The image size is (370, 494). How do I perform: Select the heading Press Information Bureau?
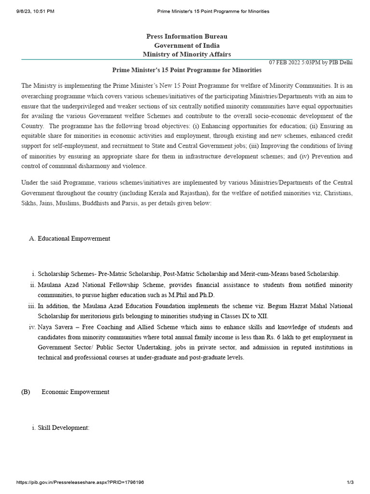(x=187, y=37)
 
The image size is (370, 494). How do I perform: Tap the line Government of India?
(x=187, y=45)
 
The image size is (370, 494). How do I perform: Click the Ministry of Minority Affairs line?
(x=187, y=55)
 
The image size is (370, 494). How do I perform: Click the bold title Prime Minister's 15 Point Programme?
(x=187, y=70)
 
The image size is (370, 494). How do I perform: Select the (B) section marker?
(x=26, y=392)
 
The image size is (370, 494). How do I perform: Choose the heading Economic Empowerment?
(x=76, y=392)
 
